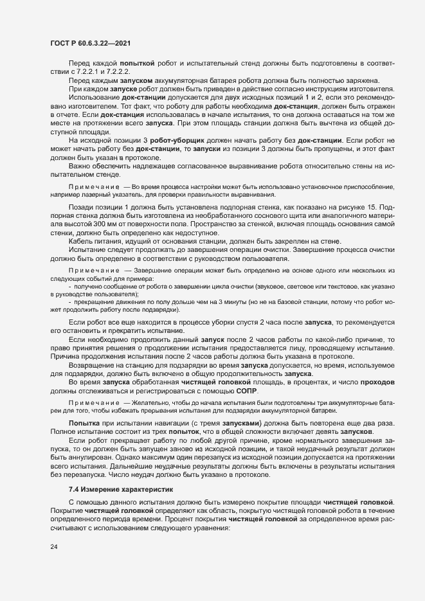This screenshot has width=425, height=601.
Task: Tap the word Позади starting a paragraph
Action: tap(82, 208)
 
